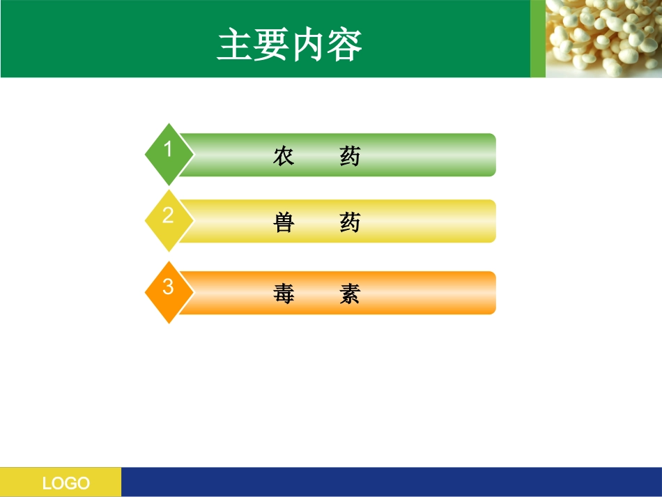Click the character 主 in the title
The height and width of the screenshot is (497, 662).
point(235,45)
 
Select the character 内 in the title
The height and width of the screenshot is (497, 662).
point(307,45)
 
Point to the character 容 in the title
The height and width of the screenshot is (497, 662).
point(344,45)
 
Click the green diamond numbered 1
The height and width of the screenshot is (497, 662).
point(168,153)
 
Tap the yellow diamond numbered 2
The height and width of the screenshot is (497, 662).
point(168,220)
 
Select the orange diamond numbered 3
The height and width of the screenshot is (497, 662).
point(168,291)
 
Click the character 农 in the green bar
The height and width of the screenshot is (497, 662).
point(284,156)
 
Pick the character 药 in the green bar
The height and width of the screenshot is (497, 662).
point(350,156)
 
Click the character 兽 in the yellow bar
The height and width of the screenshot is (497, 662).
point(284,222)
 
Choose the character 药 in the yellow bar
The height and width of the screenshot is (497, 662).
point(350,222)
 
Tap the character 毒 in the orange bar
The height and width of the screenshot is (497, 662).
point(284,294)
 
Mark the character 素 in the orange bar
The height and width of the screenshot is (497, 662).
point(350,294)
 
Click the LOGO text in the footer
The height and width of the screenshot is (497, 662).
point(66,483)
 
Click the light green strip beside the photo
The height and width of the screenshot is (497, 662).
point(537,38)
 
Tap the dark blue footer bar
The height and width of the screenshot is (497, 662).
point(390,482)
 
